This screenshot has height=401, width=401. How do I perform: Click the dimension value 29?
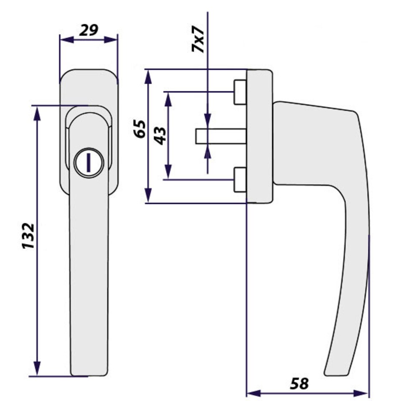pyautogui.click(x=88, y=30)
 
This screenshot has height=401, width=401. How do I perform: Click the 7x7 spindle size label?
pyautogui.click(x=198, y=39)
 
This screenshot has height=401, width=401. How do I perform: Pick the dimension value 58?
pyautogui.click(x=299, y=383)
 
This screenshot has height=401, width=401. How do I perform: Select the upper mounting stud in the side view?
pyautogui.click(x=240, y=92)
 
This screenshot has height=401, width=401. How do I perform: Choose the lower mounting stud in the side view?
pyautogui.click(x=240, y=180)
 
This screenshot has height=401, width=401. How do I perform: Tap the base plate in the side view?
pyautogui.click(x=259, y=136)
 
